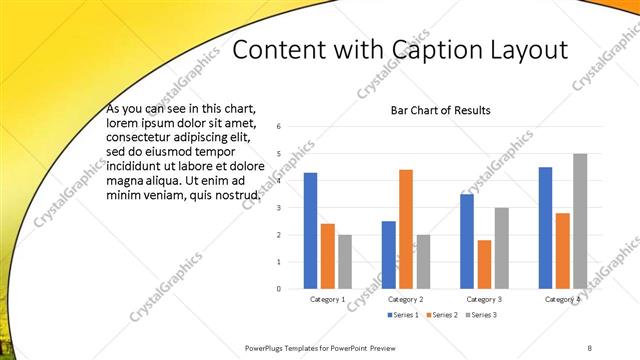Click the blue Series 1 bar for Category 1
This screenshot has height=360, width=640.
coord(310,230)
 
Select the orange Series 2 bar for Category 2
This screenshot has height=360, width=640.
coord(406,229)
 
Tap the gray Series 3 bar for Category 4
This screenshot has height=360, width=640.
coord(580,221)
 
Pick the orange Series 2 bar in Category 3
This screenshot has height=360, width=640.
coord(484,264)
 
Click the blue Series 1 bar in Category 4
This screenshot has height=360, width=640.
coord(545,227)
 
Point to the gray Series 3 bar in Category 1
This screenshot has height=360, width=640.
coord(345,261)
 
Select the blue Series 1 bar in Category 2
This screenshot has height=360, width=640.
coord(388,254)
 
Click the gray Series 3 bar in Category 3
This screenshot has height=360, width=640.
coord(502,248)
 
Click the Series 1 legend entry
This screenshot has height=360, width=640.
coord(401,316)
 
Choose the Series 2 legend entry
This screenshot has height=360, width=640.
coord(440,316)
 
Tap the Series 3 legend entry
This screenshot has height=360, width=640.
coord(479,316)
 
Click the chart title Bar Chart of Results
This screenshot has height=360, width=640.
coord(440,110)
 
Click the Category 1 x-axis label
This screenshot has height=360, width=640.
coord(327,299)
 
